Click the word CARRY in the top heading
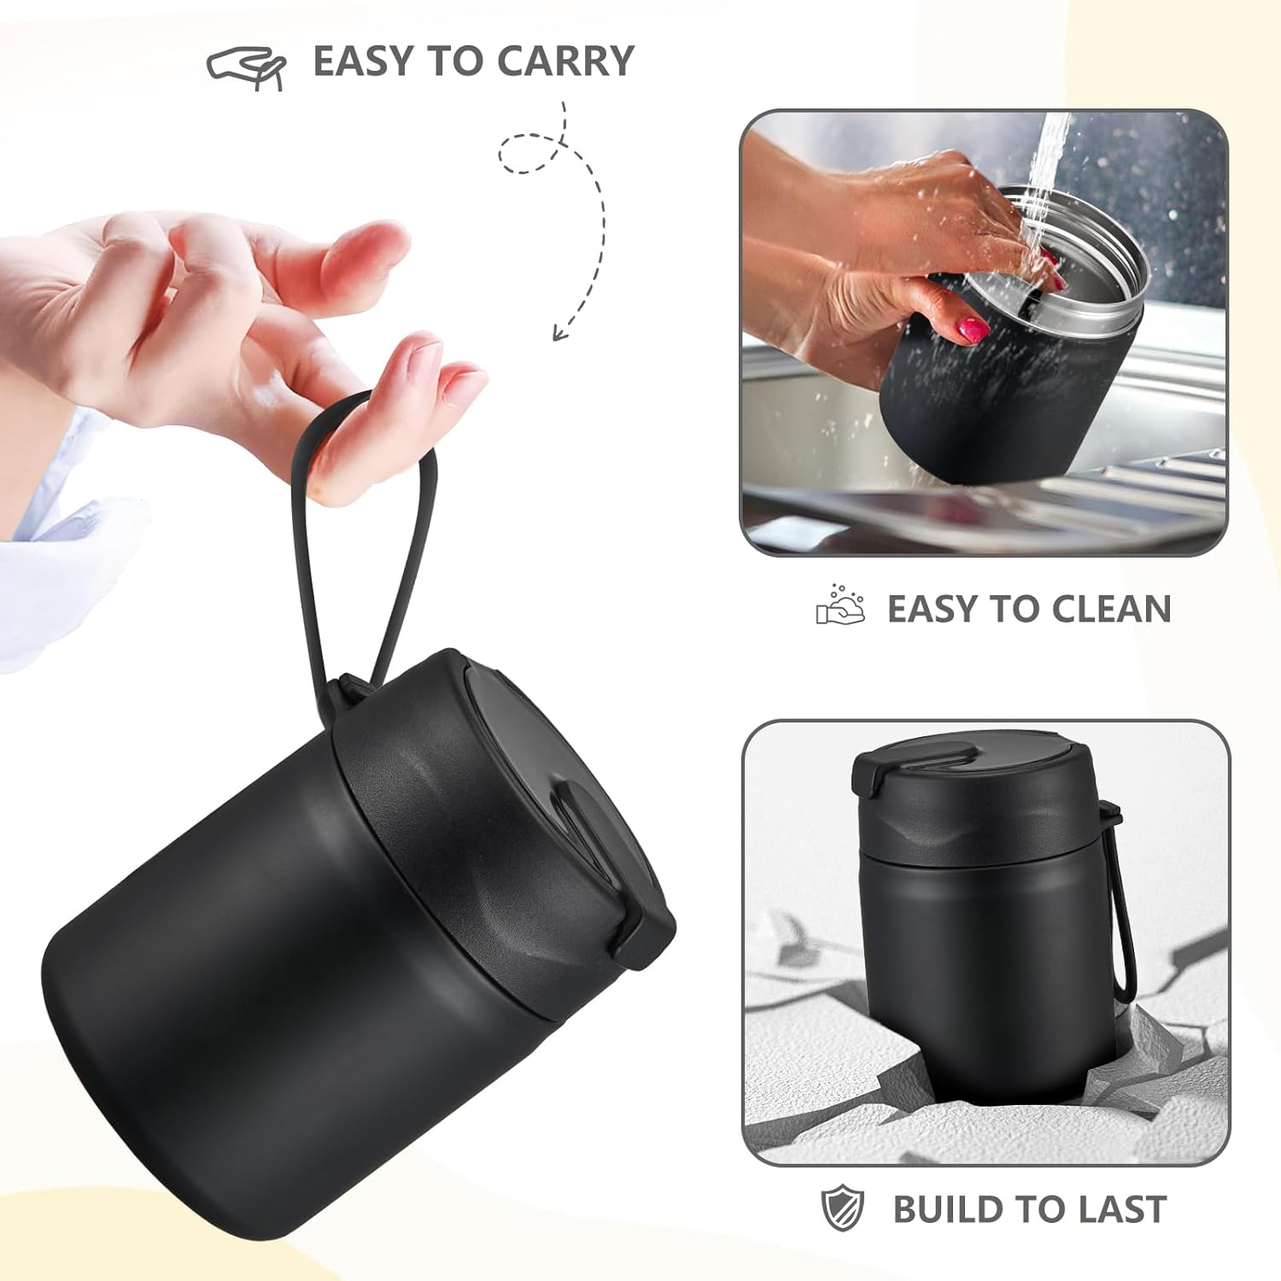[565, 61]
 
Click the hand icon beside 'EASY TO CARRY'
[246, 67]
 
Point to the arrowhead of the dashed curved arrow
[559, 333]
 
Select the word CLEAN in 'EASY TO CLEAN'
[1112, 609]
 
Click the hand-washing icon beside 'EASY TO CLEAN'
[840, 605]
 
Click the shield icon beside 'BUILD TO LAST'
[843, 1209]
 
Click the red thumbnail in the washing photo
[973, 326]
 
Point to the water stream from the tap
[1046, 171]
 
